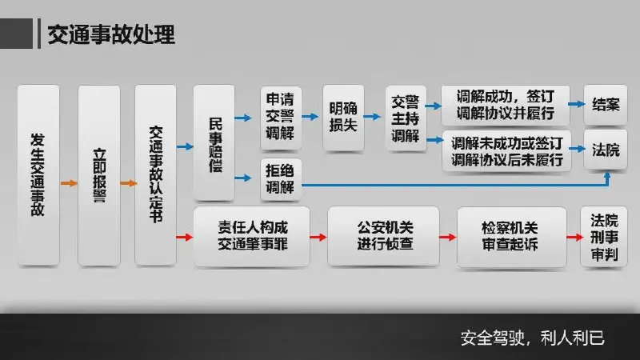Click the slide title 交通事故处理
coord(111,34)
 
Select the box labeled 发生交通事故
coord(38,175)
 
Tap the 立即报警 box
coord(99,175)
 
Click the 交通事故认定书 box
coord(155,175)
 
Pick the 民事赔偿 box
coord(214,143)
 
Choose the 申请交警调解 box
coord(281,118)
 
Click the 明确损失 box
coord(343,118)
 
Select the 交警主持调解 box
coord(406,118)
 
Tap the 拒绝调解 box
coord(281,179)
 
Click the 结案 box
coord(606,105)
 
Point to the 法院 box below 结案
coord(606,150)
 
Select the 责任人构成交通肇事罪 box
coord(252,237)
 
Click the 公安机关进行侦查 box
coord(383,237)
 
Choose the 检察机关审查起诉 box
coord(512,237)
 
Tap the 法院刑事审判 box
coord(604,237)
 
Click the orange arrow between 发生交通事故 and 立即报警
coord(69,183)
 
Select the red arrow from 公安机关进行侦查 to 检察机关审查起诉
coord(448,237)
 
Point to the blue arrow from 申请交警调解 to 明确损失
coord(310,117)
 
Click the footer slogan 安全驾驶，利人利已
coord(533,338)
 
